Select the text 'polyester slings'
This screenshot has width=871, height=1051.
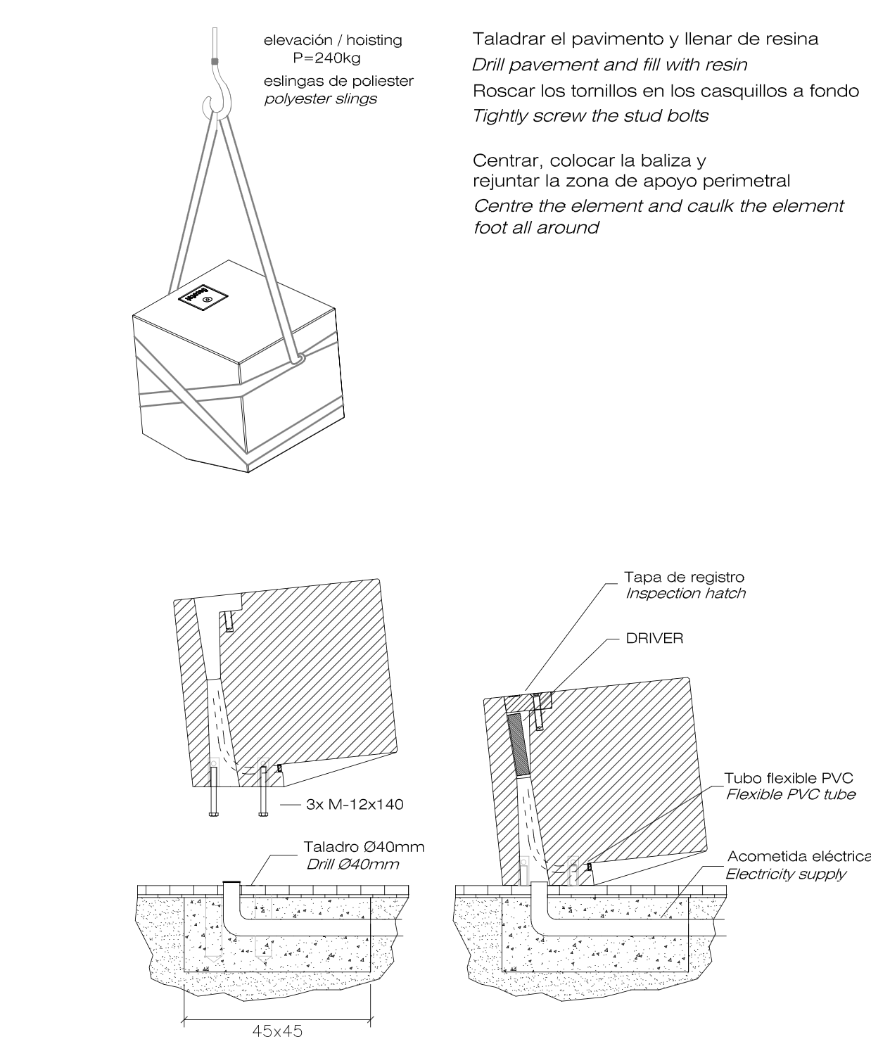tap(320, 98)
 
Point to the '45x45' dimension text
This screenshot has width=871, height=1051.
tap(277, 1031)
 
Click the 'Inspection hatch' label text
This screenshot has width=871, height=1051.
tap(685, 593)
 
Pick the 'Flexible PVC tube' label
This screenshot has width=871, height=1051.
tap(790, 794)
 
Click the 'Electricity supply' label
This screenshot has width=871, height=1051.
tap(785, 874)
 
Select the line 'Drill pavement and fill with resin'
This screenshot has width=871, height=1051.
tap(609, 65)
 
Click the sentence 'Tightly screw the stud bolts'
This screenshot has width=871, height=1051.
tap(590, 116)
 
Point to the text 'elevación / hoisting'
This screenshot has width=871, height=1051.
tap(333, 40)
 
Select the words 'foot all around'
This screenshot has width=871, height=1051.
tap(536, 228)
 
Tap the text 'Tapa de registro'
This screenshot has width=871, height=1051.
tap(684, 577)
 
